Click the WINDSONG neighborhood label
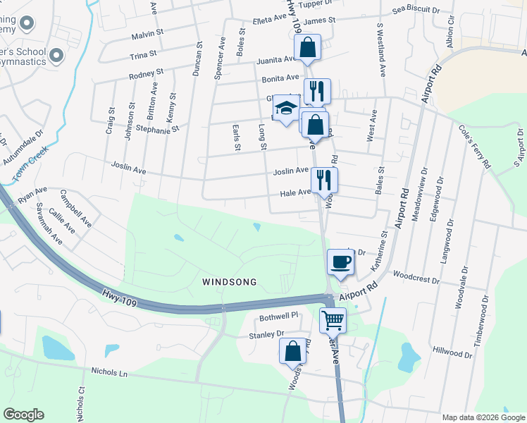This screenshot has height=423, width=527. coord(229,282)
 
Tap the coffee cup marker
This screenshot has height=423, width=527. coord(340,262)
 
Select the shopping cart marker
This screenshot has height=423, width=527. coord(333,321)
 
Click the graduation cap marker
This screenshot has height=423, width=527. coord(286,109)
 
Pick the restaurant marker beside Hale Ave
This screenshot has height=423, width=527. coord(324,180)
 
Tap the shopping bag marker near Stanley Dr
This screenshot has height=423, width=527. coord(292,351)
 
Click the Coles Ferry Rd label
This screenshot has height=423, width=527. coord(474,147)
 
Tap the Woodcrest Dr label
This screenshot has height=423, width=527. coord(416,278)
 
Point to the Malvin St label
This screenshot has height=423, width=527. coord(147,32)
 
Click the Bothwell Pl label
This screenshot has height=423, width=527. coord(280,318)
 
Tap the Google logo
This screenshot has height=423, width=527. coord(23,415)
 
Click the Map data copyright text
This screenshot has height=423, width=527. coord(483,417)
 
